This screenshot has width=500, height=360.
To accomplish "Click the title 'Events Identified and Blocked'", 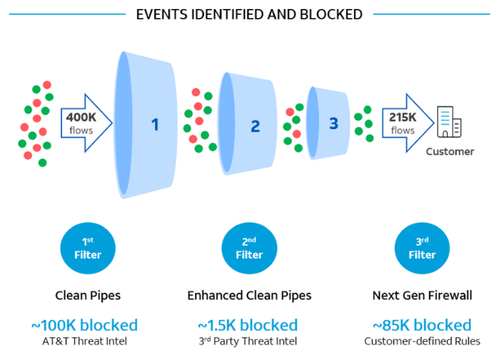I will [249, 14].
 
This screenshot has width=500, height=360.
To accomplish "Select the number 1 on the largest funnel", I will [155, 124].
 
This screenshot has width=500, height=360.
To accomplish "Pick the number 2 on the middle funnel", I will [255, 126].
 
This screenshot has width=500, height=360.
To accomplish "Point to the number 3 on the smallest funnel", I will [334, 123].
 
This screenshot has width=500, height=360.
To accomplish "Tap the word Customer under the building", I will [450, 151].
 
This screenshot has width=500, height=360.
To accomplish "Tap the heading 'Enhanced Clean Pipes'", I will [249, 295].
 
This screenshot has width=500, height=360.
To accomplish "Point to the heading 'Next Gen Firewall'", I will [422, 295].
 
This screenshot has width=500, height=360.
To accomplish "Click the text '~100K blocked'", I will [85, 325].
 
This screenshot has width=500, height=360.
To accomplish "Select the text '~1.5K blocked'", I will [247, 325].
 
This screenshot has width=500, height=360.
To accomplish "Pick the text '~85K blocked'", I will [422, 325].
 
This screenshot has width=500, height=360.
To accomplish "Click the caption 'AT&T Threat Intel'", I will [85, 341].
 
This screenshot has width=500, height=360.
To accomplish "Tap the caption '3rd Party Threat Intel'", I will [248, 341].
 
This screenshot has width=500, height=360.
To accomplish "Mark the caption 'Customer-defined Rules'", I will [422, 341].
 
